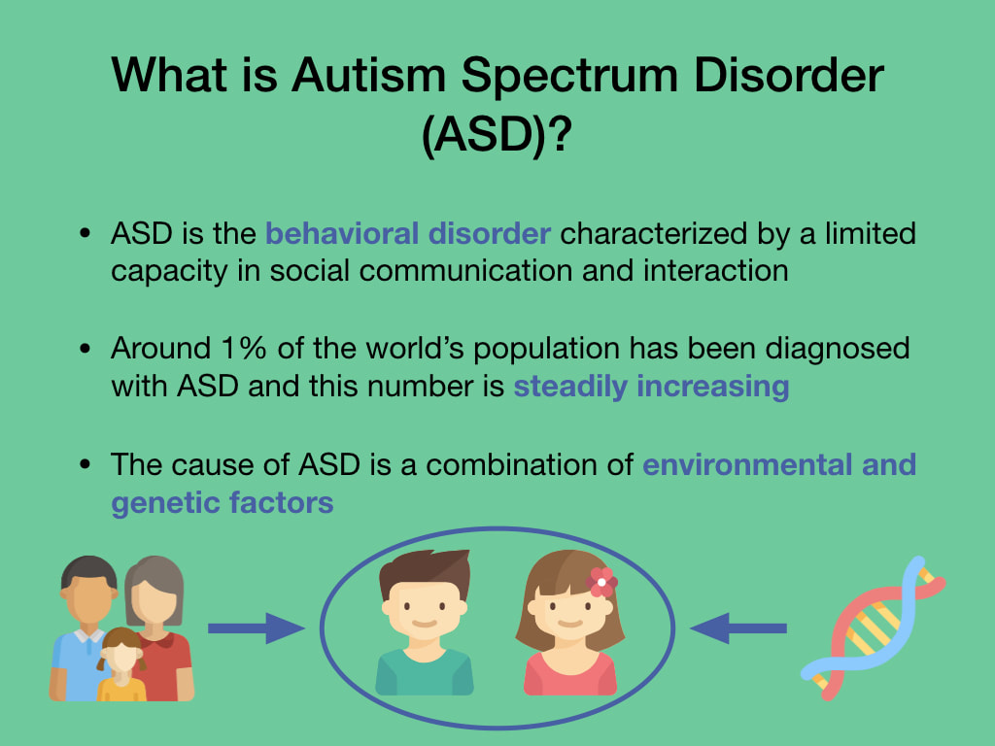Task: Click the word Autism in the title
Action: [368, 75]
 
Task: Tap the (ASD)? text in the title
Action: [497, 134]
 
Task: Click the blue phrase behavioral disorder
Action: [408, 233]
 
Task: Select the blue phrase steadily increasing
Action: [652, 387]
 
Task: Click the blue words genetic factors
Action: [223, 502]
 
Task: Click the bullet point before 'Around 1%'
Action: [86, 349]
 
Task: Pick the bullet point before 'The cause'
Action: [86, 464]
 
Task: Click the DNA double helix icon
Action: [874, 628]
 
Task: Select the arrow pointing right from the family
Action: [257, 628]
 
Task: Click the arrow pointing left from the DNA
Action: [738, 628]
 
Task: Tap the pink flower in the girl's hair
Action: [600, 582]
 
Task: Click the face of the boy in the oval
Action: [425, 610]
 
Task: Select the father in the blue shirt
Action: [84, 628]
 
